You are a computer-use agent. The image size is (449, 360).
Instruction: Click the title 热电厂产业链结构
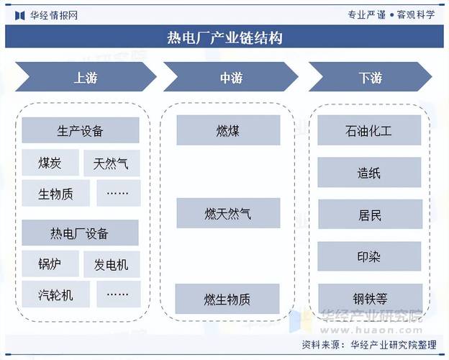pyautogui.click(x=224, y=37)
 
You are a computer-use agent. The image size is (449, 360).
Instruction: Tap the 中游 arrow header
pyautogui.click(x=227, y=77)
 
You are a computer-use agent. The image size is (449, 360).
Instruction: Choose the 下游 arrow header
pyautogui.click(x=370, y=77)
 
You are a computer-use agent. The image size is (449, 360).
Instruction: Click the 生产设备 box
pyautogui.click(x=80, y=131)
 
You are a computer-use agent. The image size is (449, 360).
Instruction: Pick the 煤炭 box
pyautogui.click(x=50, y=163)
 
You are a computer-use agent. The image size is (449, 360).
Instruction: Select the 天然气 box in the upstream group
pyautogui.click(x=112, y=163)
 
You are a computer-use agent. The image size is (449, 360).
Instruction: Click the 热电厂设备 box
pyautogui.click(x=80, y=233)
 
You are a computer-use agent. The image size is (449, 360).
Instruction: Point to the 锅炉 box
pyautogui.click(x=50, y=264)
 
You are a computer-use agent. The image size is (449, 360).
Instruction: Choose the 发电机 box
pyautogui.click(x=112, y=264)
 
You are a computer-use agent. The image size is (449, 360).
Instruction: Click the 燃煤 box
pyautogui.click(x=227, y=130)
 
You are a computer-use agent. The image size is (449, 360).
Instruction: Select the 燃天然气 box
pyautogui.click(x=227, y=213)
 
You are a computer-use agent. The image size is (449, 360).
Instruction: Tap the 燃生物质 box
pyautogui.click(x=227, y=299)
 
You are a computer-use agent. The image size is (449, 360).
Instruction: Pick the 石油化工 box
pyautogui.click(x=369, y=130)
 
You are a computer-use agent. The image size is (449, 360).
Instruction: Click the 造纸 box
pyautogui.click(x=369, y=173)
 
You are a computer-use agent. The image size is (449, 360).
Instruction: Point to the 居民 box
pyautogui.click(x=369, y=215)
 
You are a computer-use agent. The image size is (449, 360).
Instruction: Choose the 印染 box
pyautogui.click(x=369, y=257)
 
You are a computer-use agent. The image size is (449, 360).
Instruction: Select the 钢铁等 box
pyautogui.click(x=369, y=299)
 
